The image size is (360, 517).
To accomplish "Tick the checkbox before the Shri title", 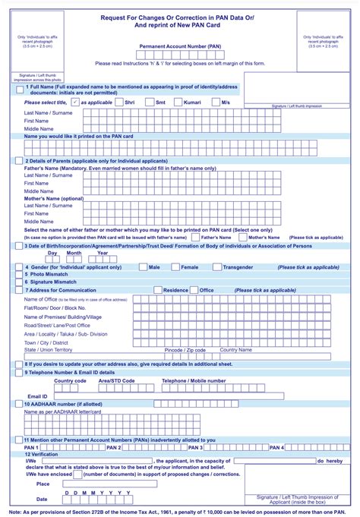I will point(119,102).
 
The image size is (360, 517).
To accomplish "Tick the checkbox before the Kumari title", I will point(178,102).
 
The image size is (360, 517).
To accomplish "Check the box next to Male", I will point(144,267).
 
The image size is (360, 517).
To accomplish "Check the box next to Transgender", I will point(217,267).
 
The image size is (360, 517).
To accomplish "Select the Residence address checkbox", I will point(158,290).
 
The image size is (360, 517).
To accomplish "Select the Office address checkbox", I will point(194,290).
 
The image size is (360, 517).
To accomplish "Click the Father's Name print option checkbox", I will point(195,238).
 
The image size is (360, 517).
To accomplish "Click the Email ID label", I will point(38,396).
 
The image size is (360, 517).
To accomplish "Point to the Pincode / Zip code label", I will point(185,350).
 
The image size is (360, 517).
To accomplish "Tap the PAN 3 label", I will point(195,448).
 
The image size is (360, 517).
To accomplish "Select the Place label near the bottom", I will point(43,484).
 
